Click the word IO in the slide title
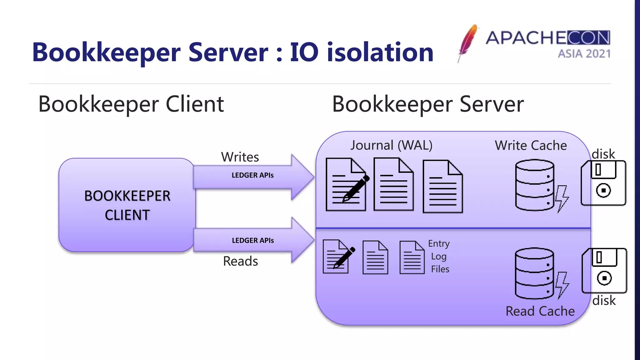click(304, 52)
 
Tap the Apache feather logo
click(468, 42)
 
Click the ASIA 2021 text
click(584, 54)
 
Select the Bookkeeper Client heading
click(131, 104)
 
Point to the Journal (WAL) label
click(391, 145)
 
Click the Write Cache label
click(531, 146)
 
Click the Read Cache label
click(540, 311)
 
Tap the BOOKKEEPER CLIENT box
click(127, 205)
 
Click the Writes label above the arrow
click(240, 157)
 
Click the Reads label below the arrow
click(240, 261)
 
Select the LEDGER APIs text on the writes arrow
click(252, 175)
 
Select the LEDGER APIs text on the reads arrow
click(253, 241)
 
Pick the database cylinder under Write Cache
click(534, 185)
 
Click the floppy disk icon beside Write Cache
click(603, 183)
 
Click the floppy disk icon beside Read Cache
click(604, 271)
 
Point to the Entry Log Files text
click(439, 256)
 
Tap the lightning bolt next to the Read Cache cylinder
click(562, 285)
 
